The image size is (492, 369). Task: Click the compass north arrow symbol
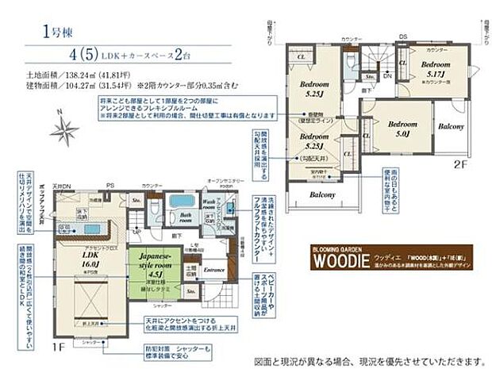62,128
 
